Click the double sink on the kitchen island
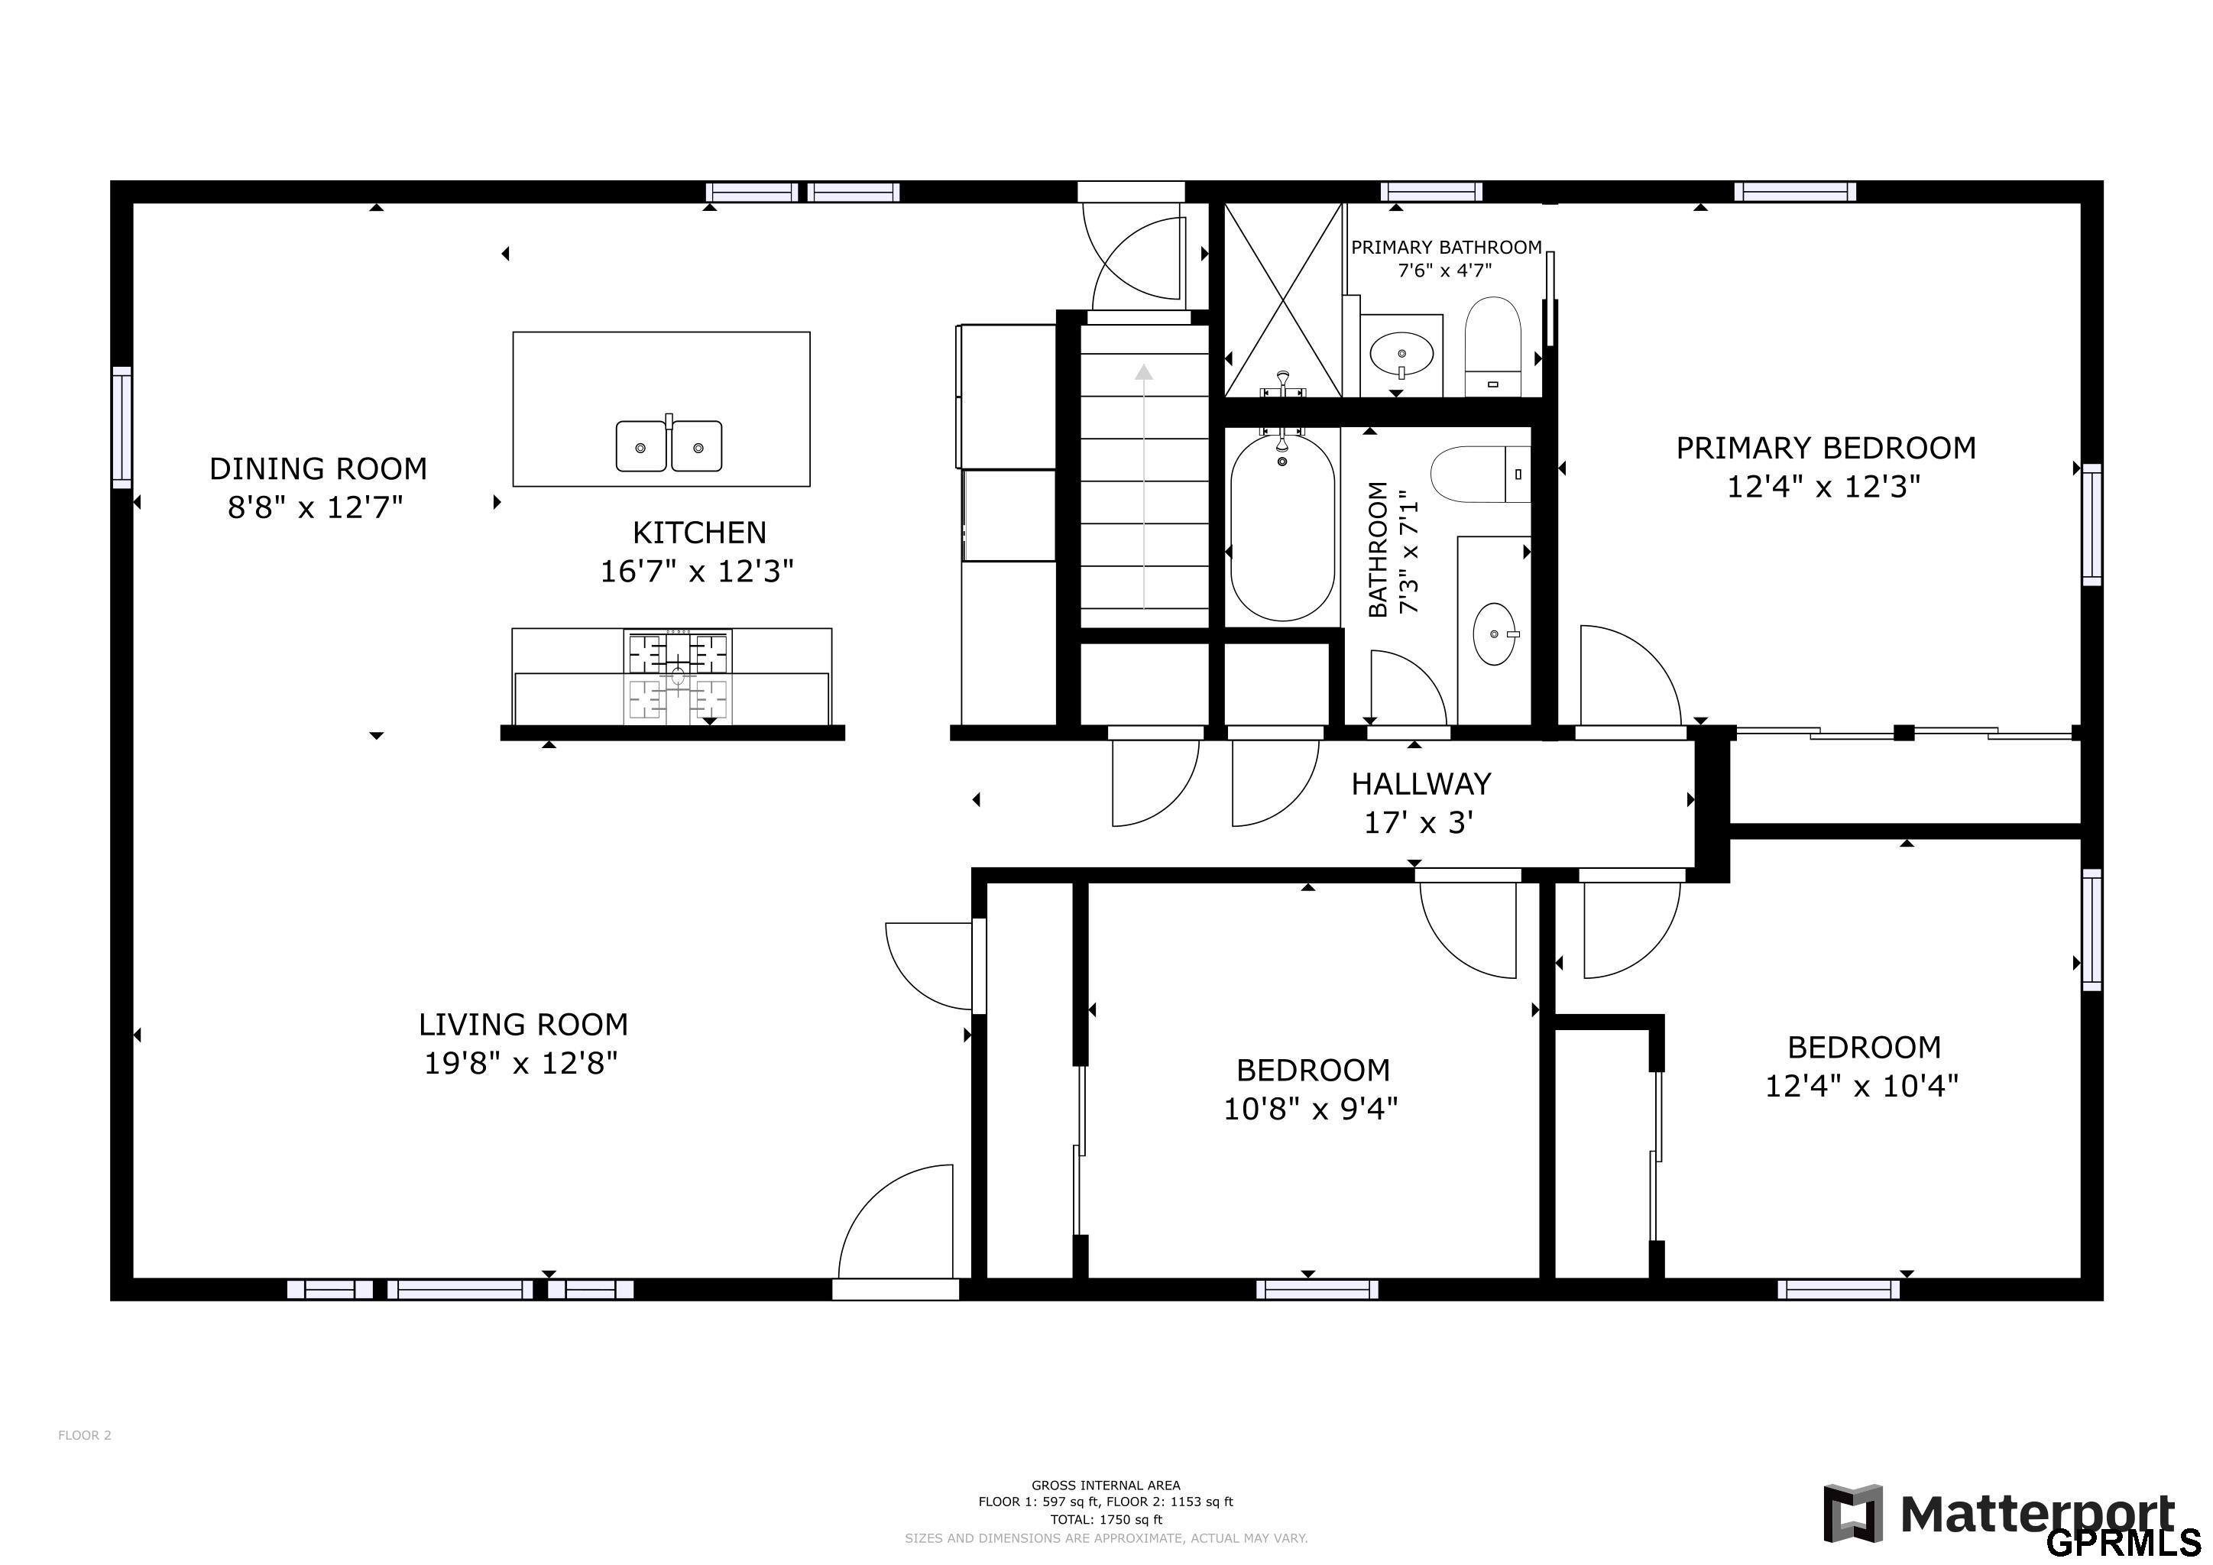(x=669, y=446)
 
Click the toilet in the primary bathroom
(x=1492, y=345)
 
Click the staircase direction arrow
(x=1144, y=482)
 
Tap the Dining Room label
(x=318, y=469)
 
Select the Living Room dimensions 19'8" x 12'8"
(x=521, y=1064)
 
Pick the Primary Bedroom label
(x=1826, y=448)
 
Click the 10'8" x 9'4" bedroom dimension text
(x=1311, y=1110)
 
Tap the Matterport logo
(x=2000, y=1513)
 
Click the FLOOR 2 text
(x=85, y=1435)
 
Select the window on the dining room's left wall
(x=122, y=427)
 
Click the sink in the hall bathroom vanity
(x=1494, y=634)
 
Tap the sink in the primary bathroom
(x=1401, y=354)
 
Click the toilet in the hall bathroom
(x=1479, y=474)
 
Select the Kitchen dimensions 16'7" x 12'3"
(x=697, y=572)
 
